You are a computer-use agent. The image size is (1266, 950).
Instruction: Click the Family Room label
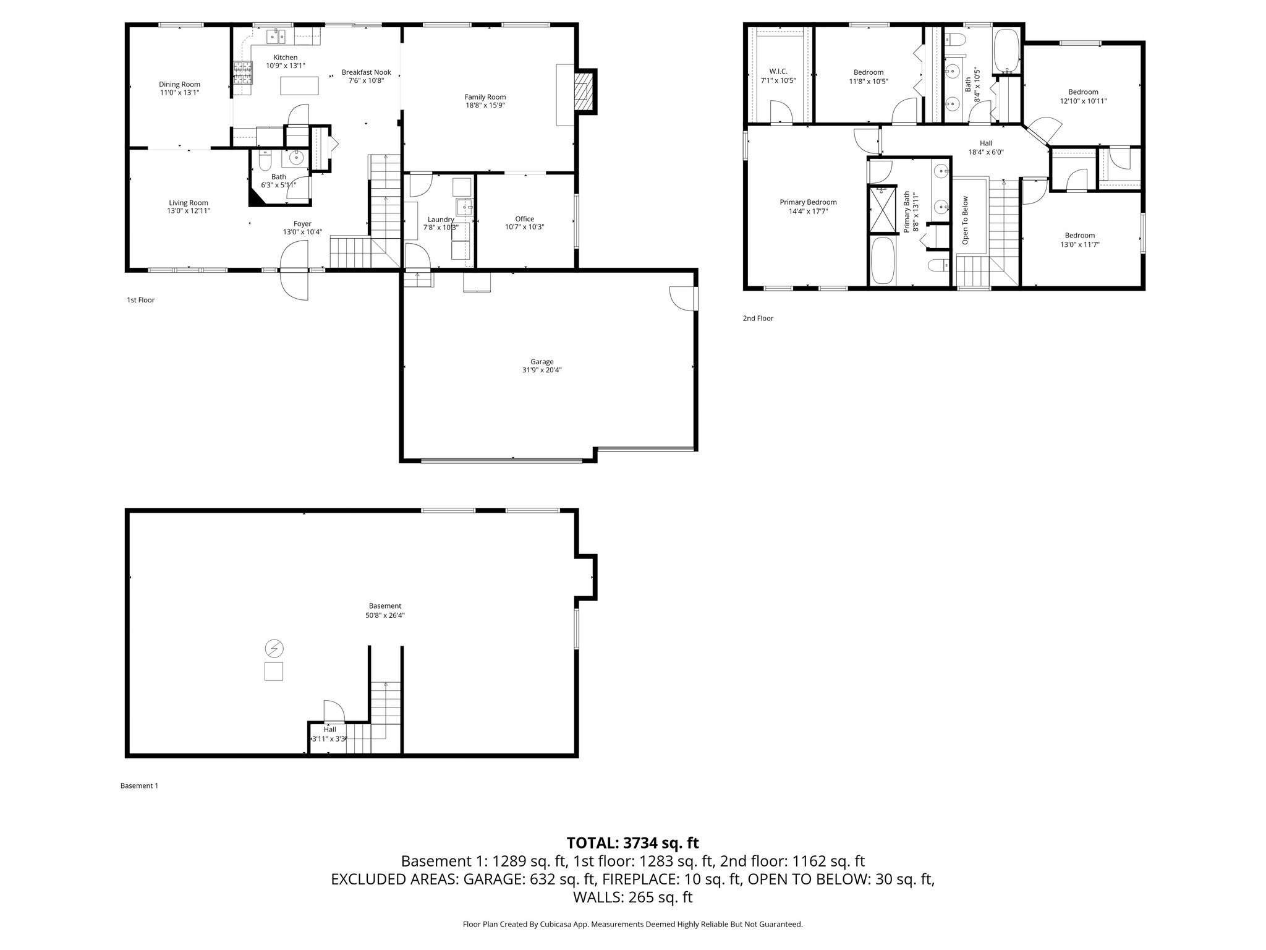[x=485, y=97]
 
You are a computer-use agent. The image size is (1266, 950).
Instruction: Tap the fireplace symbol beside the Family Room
[x=583, y=91]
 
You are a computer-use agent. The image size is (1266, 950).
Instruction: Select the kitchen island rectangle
[x=300, y=85]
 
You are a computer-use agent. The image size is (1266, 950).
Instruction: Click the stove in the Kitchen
[x=242, y=74]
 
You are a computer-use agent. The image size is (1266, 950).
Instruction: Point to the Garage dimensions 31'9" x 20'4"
[x=542, y=370]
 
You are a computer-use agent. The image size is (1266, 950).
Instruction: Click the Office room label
[x=524, y=219]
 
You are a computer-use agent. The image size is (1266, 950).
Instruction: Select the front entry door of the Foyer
[x=294, y=271]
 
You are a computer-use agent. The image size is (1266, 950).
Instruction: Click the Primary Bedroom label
[x=808, y=202]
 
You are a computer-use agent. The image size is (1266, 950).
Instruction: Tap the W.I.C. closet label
[x=778, y=72]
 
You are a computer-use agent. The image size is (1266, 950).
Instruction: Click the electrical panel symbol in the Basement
[x=274, y=649]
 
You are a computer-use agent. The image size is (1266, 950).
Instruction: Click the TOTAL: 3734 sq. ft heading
[x=632, y=842]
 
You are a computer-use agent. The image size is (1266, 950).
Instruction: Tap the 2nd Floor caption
[x=758, y=319]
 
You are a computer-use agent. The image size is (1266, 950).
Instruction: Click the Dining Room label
[x=179, y=85]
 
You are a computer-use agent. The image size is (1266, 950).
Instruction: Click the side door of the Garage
[x=682, y=298]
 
